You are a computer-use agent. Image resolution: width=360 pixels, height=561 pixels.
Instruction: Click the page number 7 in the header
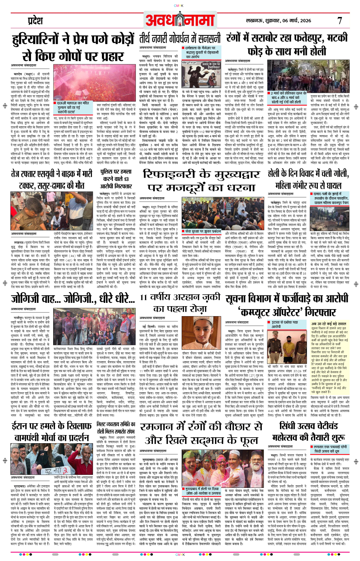coord(340,21)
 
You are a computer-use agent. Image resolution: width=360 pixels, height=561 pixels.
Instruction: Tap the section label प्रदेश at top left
coord(35,21)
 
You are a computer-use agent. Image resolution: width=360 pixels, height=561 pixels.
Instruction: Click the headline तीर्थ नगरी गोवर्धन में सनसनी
coord(180,38)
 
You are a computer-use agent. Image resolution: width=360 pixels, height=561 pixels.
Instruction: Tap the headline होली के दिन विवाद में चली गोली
coord(308,173)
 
